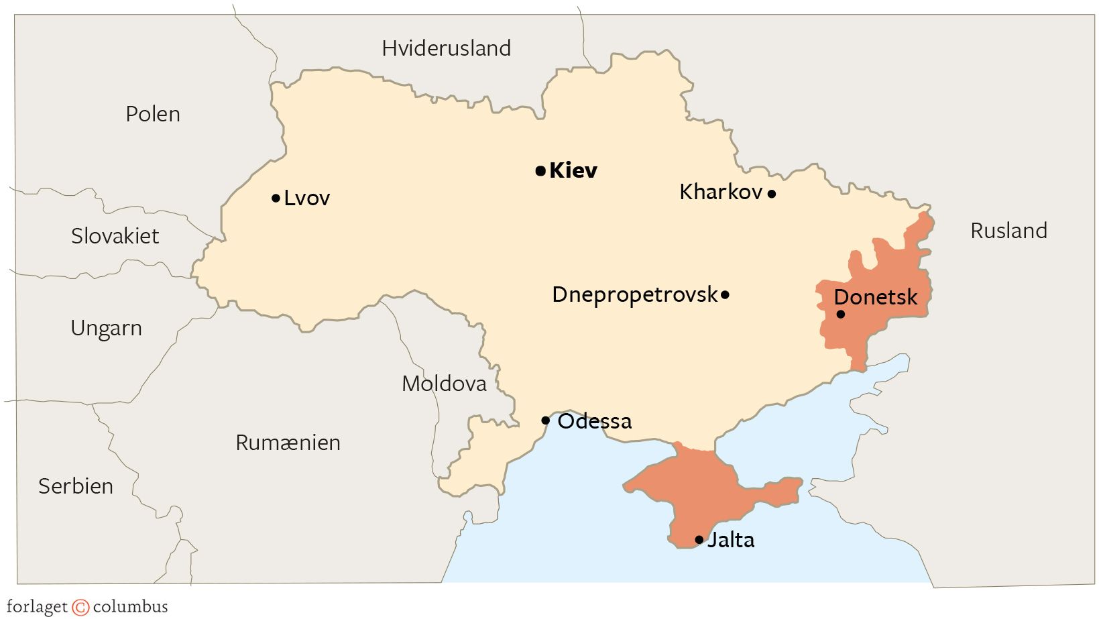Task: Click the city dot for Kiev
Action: [x=540, y=171]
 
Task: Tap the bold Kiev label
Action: [x=573, y=171]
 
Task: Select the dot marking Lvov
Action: [x=276, y=199]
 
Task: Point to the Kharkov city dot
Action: [x=772, y=194]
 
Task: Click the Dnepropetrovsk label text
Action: [x=634, y=294]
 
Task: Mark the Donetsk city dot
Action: [x=841, y=314]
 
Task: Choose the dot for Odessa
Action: [x=545, y=421]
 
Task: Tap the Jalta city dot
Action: [x=699, y=540]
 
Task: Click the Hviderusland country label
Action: [x=447, y=48]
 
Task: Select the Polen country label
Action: [x=153, y=114]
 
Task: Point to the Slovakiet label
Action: [x=115, y=236]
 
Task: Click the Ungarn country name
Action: [x=106, y=329]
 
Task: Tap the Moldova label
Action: [x=444, y=384]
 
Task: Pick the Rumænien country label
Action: [x=288, y=443]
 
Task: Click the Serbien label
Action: [x=76, y=486]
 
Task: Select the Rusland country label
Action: [x=1008, y=231]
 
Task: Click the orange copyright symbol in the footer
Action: [x=80, y=608]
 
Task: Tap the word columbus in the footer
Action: [x=130, y=608]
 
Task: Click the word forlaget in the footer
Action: [x=37, y=608]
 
